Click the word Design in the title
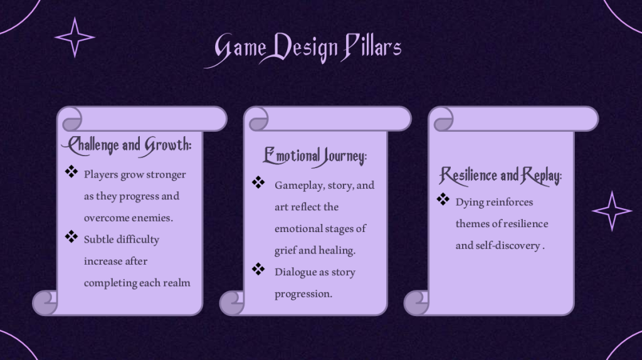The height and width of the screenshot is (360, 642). coord(303,48)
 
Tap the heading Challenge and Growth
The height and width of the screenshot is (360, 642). coord(127,146)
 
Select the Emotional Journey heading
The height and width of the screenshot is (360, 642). coord(315,156)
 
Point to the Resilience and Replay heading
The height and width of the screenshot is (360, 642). coord(500,176)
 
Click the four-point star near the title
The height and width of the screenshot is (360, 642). coord(75,37)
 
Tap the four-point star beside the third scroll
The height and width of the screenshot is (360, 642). coord(612,211)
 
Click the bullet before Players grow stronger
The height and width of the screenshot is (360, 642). coord(71,172)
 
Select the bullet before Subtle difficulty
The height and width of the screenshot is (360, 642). coord(71,236)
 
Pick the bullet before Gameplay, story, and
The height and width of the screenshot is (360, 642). coord(258,183)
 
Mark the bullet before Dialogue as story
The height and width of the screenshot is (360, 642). coord(258,269)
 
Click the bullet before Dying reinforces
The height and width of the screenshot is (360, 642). coord(443,199)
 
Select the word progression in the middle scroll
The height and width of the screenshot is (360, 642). coord(303,294)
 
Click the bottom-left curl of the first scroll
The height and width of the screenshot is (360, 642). coord(45,303)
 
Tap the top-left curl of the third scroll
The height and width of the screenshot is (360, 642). coord(444,119)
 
